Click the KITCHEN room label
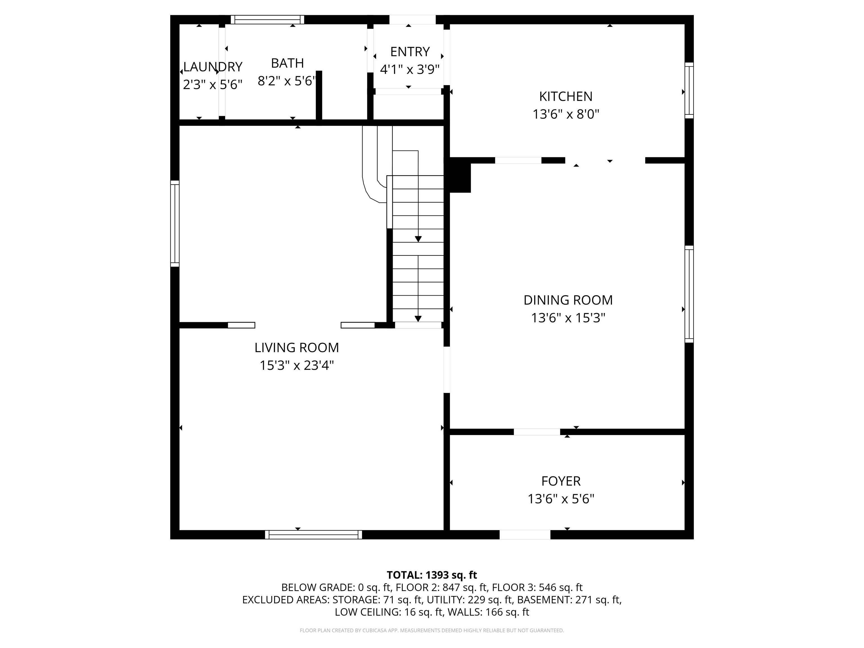click(566, 96)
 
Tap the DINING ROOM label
click(568, 300)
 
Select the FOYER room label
click(561, 481)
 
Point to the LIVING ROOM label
click(296, 347)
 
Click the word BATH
click(287, 63)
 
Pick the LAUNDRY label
click(213, 67)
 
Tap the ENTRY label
click(410, 51)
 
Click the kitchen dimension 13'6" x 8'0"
click(566, 114)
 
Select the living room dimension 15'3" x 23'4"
click(297, 365)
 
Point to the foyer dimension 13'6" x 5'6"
click(561, 499)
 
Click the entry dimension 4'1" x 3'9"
click(410, 69)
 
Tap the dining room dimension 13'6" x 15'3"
click(568, 318)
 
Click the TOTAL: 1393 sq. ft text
click(432, 575)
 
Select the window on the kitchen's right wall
click(689, 90)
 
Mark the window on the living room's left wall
click(175, 223)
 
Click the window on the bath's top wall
click(267, 19)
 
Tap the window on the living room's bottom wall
click(313, 535)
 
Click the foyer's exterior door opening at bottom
click(525, 535)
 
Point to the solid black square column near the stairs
click(460, 175)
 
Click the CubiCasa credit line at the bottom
click(432, 631)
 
